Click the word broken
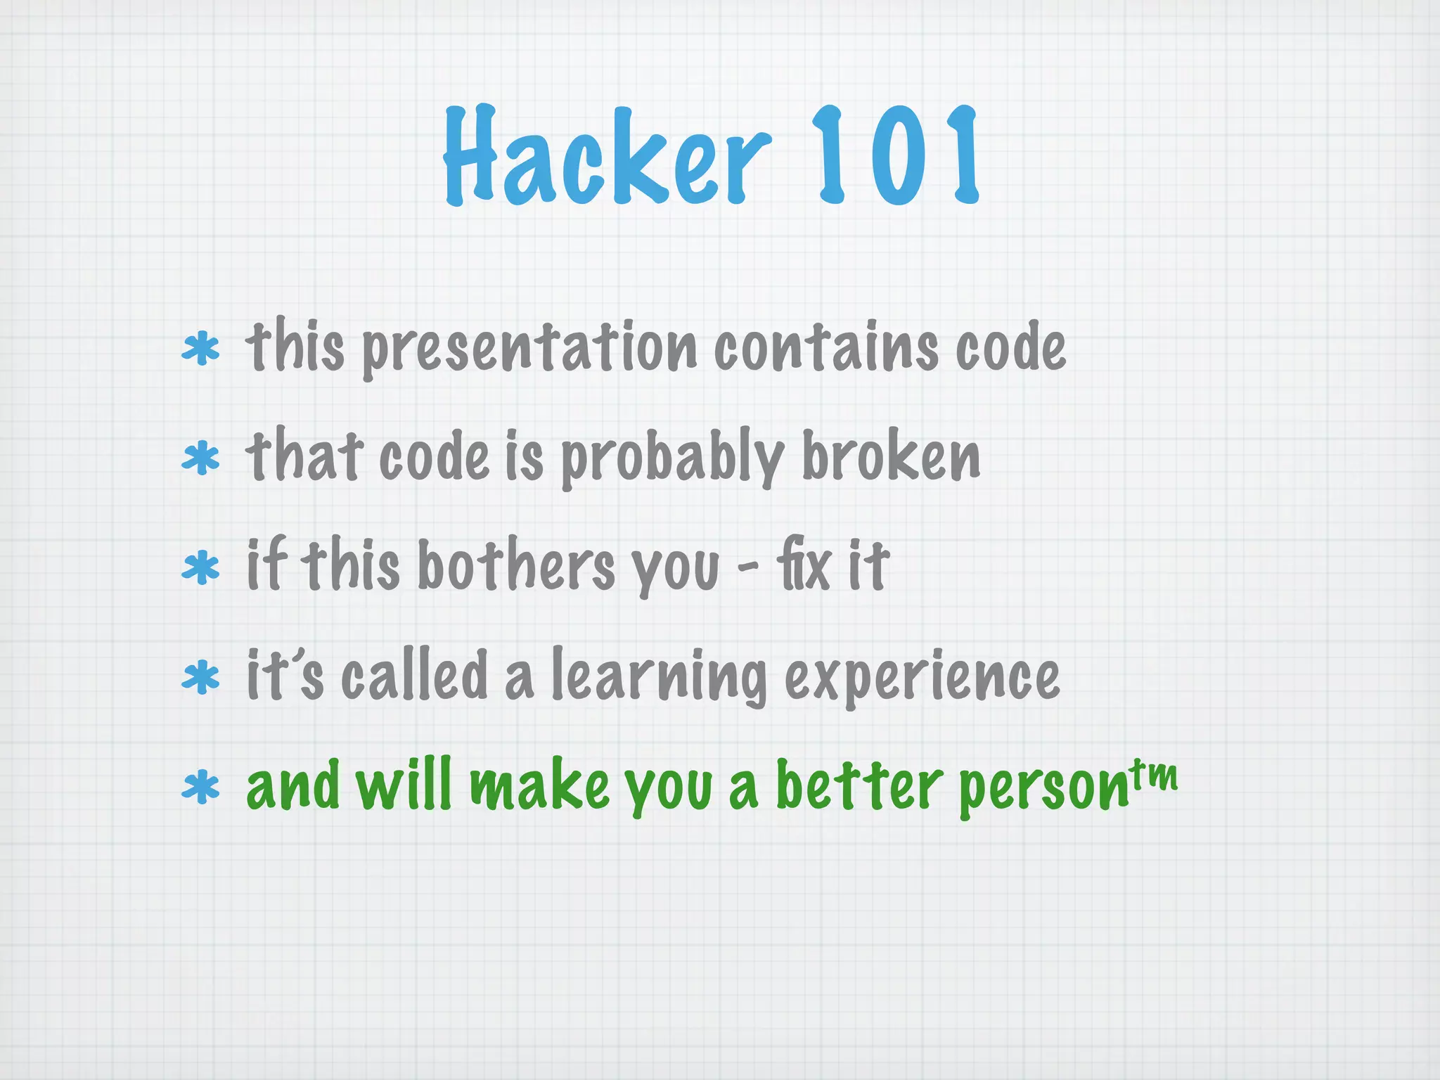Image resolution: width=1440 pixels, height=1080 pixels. point(891,457)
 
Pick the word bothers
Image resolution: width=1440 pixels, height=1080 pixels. point(517,567)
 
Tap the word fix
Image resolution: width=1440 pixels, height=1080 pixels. point(804,567)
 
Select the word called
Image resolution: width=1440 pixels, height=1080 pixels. point(415,675)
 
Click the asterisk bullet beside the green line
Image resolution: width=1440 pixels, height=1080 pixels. point(201,788)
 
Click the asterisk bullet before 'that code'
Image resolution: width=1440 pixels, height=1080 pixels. point(201,458)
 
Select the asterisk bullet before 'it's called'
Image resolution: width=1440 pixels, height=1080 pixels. point(201,678)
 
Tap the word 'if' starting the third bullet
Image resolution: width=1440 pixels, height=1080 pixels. point(266,565)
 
